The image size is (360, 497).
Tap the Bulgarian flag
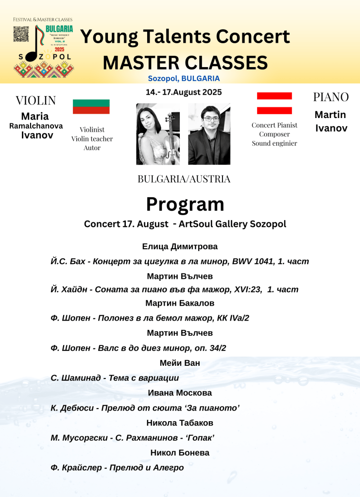[x=91, y=106]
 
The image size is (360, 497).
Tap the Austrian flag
[x=274, y=103]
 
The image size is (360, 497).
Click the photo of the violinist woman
[x=157, y=134]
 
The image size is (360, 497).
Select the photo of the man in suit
[x=209, y=134]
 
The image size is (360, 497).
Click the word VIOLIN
[x=35, y=101]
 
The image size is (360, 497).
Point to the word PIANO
[x=330, y=97]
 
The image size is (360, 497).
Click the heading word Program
[x=185, y=205]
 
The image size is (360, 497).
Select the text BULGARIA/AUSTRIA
[x=184, y=179]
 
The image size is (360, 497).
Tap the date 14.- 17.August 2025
[x=184, y=92]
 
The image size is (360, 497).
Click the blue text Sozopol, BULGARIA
[x=184, y=78]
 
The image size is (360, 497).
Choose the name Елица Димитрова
[x=180, y=247]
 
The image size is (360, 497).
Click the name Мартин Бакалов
[x=180, y=303]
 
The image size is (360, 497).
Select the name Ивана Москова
[x=180, y=393]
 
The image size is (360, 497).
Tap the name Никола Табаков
[x=180, y=423]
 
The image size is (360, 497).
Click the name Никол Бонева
[x=180, y=453]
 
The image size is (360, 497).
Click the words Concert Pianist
[x=274, y=125]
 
